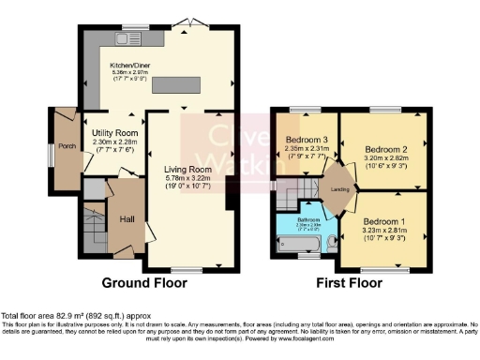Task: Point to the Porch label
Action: (67, 145)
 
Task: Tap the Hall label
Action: (127, 217)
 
